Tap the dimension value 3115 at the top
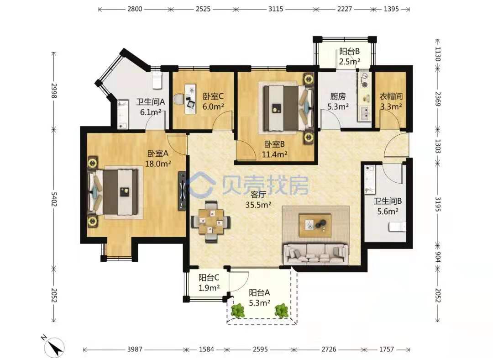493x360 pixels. coord(276,9)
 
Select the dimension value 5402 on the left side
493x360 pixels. coord(54,199)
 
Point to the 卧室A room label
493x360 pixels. coord(158,153)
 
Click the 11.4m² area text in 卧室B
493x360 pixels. coord(274,154)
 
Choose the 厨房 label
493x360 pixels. coord(338,96)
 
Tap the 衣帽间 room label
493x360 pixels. coord(391,96)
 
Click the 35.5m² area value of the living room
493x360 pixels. coord(258,205)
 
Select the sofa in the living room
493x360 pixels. coord(316,253)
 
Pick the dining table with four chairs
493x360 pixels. coord(210,222)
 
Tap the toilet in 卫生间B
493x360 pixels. coord(398,227)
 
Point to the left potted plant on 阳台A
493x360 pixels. coord(238,311)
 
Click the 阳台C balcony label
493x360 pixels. coord(209,278)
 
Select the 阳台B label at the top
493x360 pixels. coord(349,51)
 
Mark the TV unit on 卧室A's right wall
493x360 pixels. coord(182,191)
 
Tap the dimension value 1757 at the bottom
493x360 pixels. coord(387,349)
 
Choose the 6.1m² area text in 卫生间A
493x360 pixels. coord(151,112)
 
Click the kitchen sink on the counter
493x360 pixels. coord(364,113)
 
